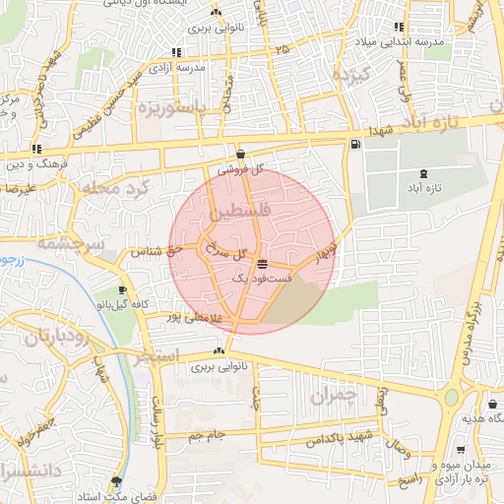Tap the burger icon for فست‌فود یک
coord(261,265)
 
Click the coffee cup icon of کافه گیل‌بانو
coord(122,291)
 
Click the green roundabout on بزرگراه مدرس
coord(452,399)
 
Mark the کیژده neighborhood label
coord(348,76)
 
